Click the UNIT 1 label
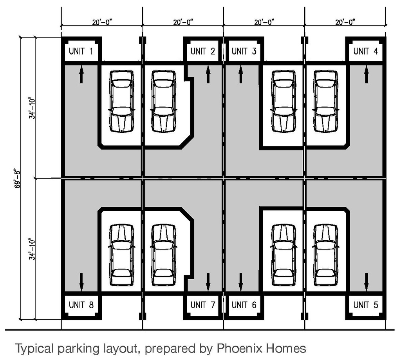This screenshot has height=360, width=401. [81, 51]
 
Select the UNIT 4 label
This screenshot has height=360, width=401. [366, 51]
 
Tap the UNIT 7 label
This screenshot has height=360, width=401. [203, 305]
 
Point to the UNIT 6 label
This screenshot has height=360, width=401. [244, 305]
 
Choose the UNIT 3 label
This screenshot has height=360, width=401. [244, 51]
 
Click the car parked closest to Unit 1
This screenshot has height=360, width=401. [121, 101]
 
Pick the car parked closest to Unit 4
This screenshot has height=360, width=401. [325, 101]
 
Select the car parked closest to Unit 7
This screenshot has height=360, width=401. [163, 255]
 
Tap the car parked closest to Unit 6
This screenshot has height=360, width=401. [284, 255]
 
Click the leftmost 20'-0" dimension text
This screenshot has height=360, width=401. [102, 22]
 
